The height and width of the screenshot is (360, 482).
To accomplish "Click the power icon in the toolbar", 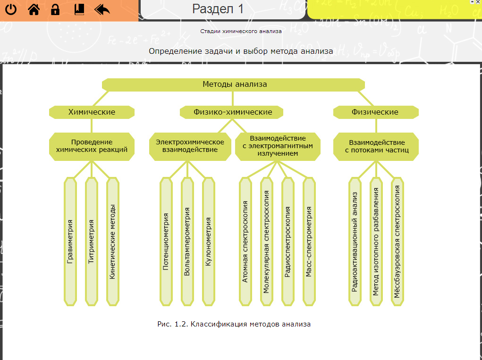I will (10, 9).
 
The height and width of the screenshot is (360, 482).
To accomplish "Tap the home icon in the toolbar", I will (34, 9).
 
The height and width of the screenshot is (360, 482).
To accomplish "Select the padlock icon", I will (55, 9).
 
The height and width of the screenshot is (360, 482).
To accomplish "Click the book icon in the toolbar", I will (79, 9).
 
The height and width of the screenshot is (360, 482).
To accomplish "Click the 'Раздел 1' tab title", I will (218, 8).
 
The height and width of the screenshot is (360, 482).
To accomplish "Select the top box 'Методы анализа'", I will (234, 84).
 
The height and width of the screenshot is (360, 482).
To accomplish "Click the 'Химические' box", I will (92, 112).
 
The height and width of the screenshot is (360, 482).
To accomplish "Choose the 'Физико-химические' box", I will (232, 112).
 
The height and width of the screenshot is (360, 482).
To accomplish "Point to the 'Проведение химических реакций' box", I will (92, 146).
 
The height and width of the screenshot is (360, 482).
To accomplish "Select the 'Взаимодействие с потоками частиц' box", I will (376, 146).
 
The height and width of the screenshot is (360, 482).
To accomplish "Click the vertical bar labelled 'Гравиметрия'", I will (70, 241).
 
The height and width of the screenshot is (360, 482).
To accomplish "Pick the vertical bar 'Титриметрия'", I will (92, 241).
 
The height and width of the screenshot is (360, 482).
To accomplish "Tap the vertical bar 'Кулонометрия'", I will (209, 241).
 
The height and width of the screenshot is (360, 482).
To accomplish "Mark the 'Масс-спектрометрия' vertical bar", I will (309, 241).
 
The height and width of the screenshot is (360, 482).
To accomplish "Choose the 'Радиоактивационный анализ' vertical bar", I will (355, 241).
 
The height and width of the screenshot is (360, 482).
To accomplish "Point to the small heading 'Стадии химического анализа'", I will (241, 31).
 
